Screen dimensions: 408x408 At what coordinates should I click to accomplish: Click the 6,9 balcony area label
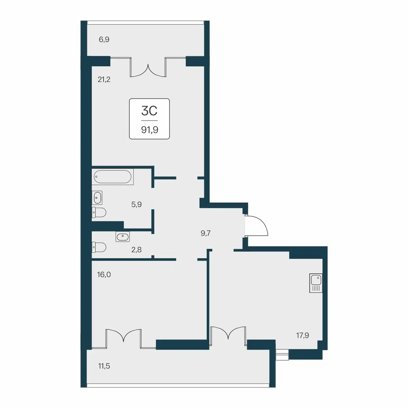click(x=104, y=40)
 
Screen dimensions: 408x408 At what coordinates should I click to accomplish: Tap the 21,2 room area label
click(x=104, y=79)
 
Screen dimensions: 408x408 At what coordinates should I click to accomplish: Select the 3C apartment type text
click(x=149, y=111)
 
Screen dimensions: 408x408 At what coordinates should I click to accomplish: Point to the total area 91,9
click(x=149, y=129)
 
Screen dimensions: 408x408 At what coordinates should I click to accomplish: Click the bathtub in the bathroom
click(x=113, y=177)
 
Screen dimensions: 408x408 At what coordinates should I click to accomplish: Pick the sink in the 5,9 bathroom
click(x=97, y=198)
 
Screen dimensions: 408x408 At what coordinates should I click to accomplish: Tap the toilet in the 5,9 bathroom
click(x=99, y=212)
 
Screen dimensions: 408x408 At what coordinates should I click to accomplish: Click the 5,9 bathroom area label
click(x=136, y=205)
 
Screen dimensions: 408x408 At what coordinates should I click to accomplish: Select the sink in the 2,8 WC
click(x=123, y=237)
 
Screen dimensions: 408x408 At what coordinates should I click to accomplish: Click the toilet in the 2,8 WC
click(x=99, y=247)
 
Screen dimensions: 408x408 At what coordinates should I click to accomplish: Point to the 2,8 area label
click(x=136, y=250)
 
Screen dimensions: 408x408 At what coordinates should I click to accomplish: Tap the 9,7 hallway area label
click(x=206, y=233)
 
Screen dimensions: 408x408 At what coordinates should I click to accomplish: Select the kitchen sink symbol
click(x=316, y=283)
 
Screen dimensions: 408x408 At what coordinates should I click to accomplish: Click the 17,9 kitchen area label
click(x=303, y=336)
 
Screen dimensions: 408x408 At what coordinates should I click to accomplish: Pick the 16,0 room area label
click(x=104, y=274)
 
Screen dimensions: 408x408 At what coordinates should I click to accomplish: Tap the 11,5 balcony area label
click(x=104, y=366)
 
